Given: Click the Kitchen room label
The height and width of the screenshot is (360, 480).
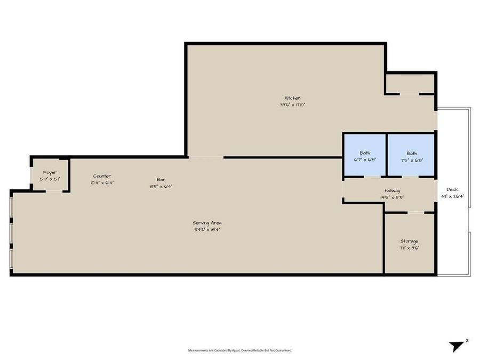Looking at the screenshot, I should coord(292,98).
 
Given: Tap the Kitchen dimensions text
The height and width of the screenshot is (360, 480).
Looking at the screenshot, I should coord(292,105).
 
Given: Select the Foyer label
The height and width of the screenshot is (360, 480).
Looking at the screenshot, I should coord(50,172).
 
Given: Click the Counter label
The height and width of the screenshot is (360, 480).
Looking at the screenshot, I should coord(102,176).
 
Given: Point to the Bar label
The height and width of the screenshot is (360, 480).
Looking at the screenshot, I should coord(161,180).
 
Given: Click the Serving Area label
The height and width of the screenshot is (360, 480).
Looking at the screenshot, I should coord(207,222).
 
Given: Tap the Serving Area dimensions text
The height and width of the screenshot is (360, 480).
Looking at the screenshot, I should coord(207,229).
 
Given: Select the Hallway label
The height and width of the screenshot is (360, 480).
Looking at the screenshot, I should coord(392,190).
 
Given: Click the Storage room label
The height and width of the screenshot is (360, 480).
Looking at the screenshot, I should coord(409,241).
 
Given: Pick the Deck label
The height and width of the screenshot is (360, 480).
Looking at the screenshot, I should coord(452,189).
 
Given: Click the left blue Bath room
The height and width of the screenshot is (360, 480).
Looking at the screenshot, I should coord(364,155).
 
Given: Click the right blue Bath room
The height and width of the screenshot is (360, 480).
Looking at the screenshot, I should coord(411,155).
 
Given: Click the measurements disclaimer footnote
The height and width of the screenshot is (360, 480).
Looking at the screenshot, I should coord(240,350).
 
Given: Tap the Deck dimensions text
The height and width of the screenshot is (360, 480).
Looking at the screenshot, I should coord(452,196).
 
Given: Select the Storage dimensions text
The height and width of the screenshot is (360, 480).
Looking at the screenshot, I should coord(409,248).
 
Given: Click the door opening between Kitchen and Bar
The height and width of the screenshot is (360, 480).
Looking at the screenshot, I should coord(206,157).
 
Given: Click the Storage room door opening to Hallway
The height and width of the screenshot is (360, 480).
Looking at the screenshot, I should coord(416,213).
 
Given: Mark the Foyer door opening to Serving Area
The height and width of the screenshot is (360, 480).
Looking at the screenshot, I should coord(54,191).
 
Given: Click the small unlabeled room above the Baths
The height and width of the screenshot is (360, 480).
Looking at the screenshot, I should coord(410,83).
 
